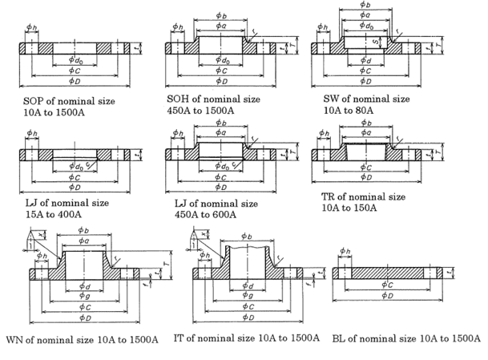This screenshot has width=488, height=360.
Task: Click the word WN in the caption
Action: pos(15,339)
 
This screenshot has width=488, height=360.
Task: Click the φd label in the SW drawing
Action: pos(367,60)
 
